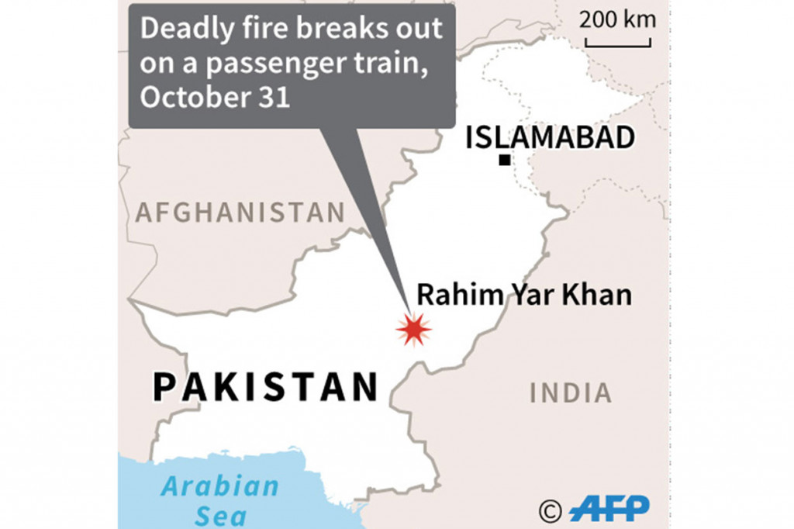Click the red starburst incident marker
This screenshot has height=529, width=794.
pyautogui.click(x=413, y=330)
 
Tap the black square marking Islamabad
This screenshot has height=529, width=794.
pyautogui.click(x=505, y=161)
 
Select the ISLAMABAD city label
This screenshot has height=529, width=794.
pyautogui.click(x=550, y=138)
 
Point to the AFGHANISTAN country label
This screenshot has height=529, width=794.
pyautogui.click(x=240, y=212)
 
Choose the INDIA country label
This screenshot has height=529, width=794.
pyautogui.click(x=571, y=392)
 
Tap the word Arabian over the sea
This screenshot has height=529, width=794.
pyautogui.click(x=219, y=487)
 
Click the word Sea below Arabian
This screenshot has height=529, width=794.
pyautogui.click(x=220, y=515)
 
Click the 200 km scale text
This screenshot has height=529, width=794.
pyautogui.click(x=617, y=19)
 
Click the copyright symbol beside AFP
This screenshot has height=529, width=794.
pyautogui.click(x=551, y=510)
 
